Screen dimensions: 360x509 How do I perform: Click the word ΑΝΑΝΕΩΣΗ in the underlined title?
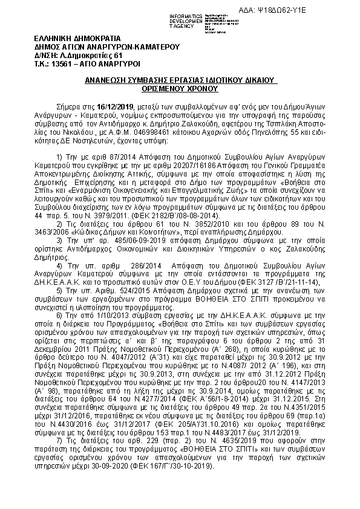(108, 79)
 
